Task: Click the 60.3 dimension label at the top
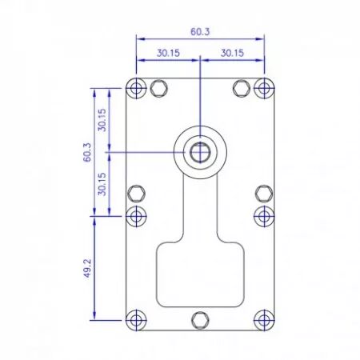click(200, 32)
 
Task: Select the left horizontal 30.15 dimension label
click(168, 53)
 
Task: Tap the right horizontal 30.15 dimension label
click(232, 53)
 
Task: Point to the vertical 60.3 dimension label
click(87, 152)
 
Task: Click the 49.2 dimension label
click(87, 268)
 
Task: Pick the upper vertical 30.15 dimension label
click(102, 120)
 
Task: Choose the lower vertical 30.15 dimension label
click(102, 184)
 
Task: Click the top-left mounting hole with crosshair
click(136, 88)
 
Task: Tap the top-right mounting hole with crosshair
click(264, 88)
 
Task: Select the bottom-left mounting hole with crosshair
click(136, 320)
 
